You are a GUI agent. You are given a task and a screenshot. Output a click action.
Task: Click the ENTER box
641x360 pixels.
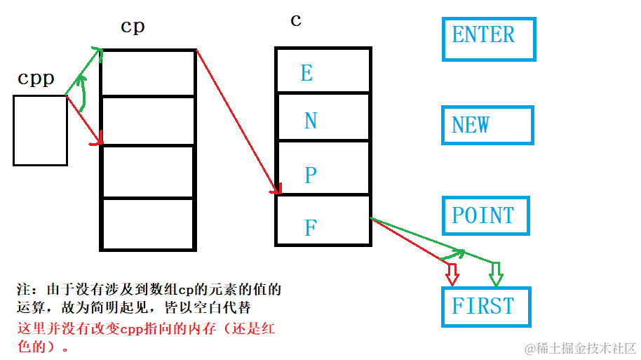tap(489, 39)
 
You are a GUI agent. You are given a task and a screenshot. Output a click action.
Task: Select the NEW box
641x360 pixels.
tap(487, 126)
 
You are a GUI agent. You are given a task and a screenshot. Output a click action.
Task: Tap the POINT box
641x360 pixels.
tap(485, 215)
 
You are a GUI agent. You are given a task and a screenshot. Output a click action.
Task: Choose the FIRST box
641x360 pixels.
tap(485, 307)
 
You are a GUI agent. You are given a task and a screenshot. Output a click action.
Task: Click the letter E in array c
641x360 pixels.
tap(306, 73)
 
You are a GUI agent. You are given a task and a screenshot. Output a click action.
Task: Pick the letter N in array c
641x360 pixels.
tap(311, 121)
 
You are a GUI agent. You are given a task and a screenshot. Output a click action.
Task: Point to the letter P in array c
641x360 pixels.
tap(311, 175)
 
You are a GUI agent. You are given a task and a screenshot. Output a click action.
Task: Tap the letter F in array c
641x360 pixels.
tap(310, 227)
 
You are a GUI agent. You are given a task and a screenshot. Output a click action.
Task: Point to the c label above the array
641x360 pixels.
tap(296, 20)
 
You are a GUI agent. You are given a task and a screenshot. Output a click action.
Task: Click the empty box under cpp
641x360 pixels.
tap(40, 131)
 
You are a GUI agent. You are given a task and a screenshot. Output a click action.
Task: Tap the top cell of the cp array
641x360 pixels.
tap(148, 73)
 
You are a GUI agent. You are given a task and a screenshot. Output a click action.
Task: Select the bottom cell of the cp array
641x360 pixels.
tap(148, 224)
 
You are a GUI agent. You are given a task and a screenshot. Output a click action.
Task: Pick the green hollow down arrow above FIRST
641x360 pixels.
tap(496, 274)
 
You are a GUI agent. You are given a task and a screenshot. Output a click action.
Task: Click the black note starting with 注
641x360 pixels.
tap(149, 298)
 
